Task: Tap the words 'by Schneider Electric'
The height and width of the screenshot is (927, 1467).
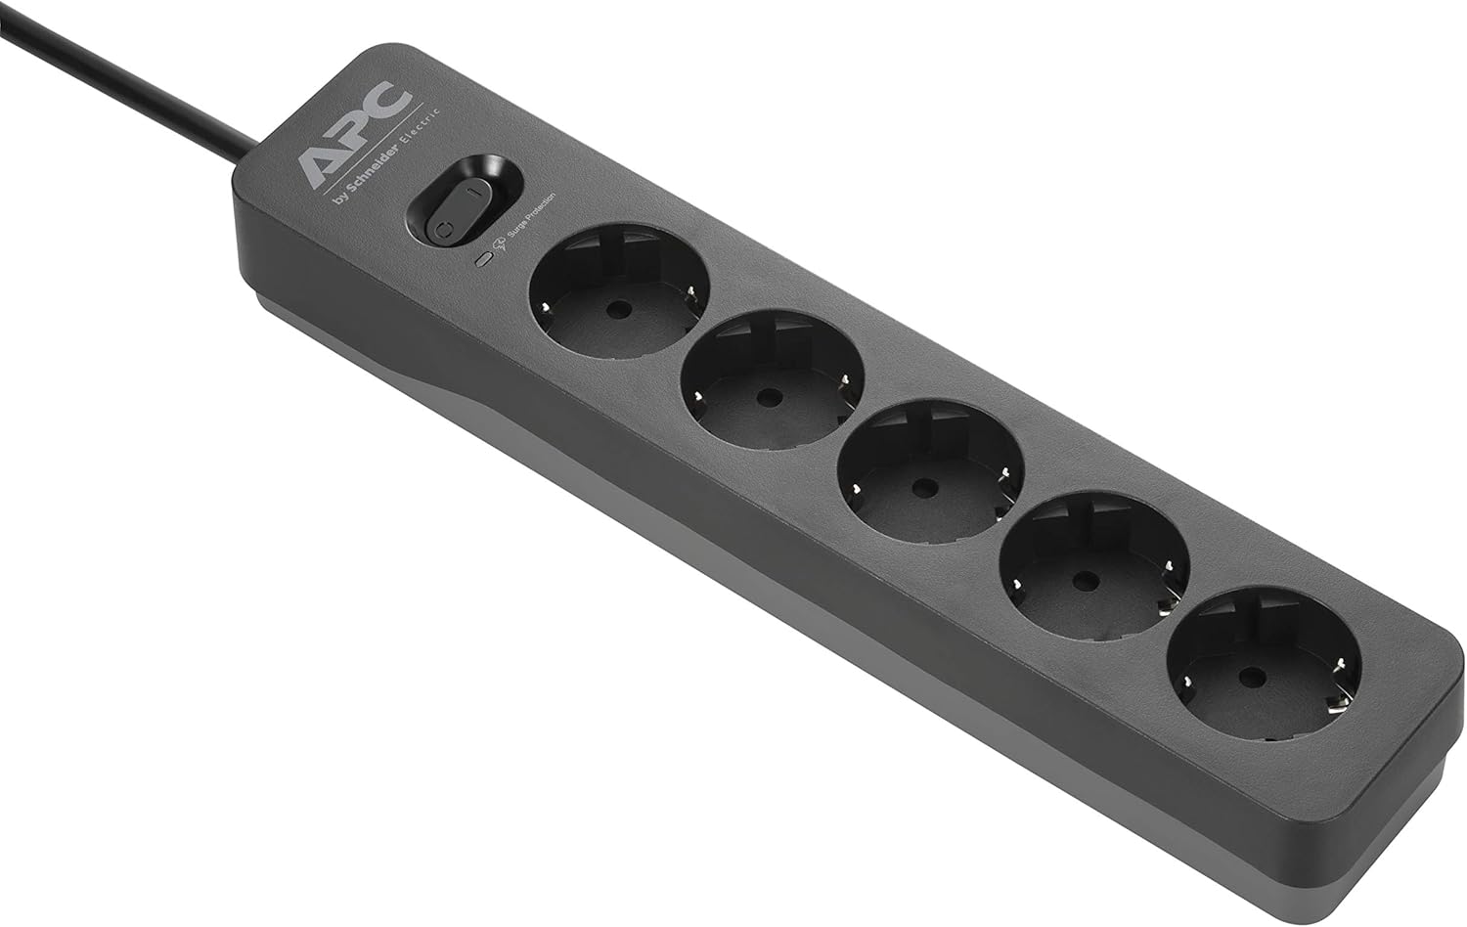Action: click(x=386, y=157)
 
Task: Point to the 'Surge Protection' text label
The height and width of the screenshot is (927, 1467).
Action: click(x=531, y=214)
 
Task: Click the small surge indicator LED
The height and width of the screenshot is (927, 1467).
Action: click(x=483, y=259)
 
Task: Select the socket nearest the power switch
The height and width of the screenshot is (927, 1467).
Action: click(x=619, y=291)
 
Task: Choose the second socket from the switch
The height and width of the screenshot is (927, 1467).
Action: click(x=773, y=379)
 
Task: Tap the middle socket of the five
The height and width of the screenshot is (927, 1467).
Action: click(x=931, y=470)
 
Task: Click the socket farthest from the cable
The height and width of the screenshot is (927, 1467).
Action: click(x=1264, y=664)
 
